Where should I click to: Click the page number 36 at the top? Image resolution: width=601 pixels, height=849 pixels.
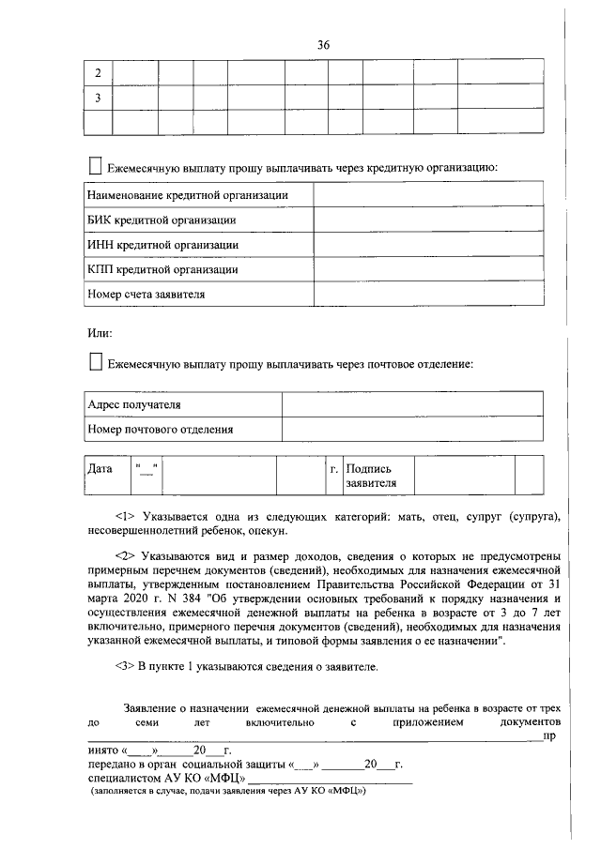pos(323,44)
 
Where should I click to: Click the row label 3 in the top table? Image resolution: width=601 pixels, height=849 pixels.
pos(98,98)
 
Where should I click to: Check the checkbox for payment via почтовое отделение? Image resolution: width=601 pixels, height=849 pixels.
pos(95,362)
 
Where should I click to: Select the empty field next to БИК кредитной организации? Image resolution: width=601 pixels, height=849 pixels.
pos(427,220)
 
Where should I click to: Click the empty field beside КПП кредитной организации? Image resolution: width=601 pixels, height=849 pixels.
pos(427,269)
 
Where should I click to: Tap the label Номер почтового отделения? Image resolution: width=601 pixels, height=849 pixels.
pos(160,429)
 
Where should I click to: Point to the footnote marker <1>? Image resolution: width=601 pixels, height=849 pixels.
pos(126,516)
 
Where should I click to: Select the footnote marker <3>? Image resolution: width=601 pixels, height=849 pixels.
pos(126,666)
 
